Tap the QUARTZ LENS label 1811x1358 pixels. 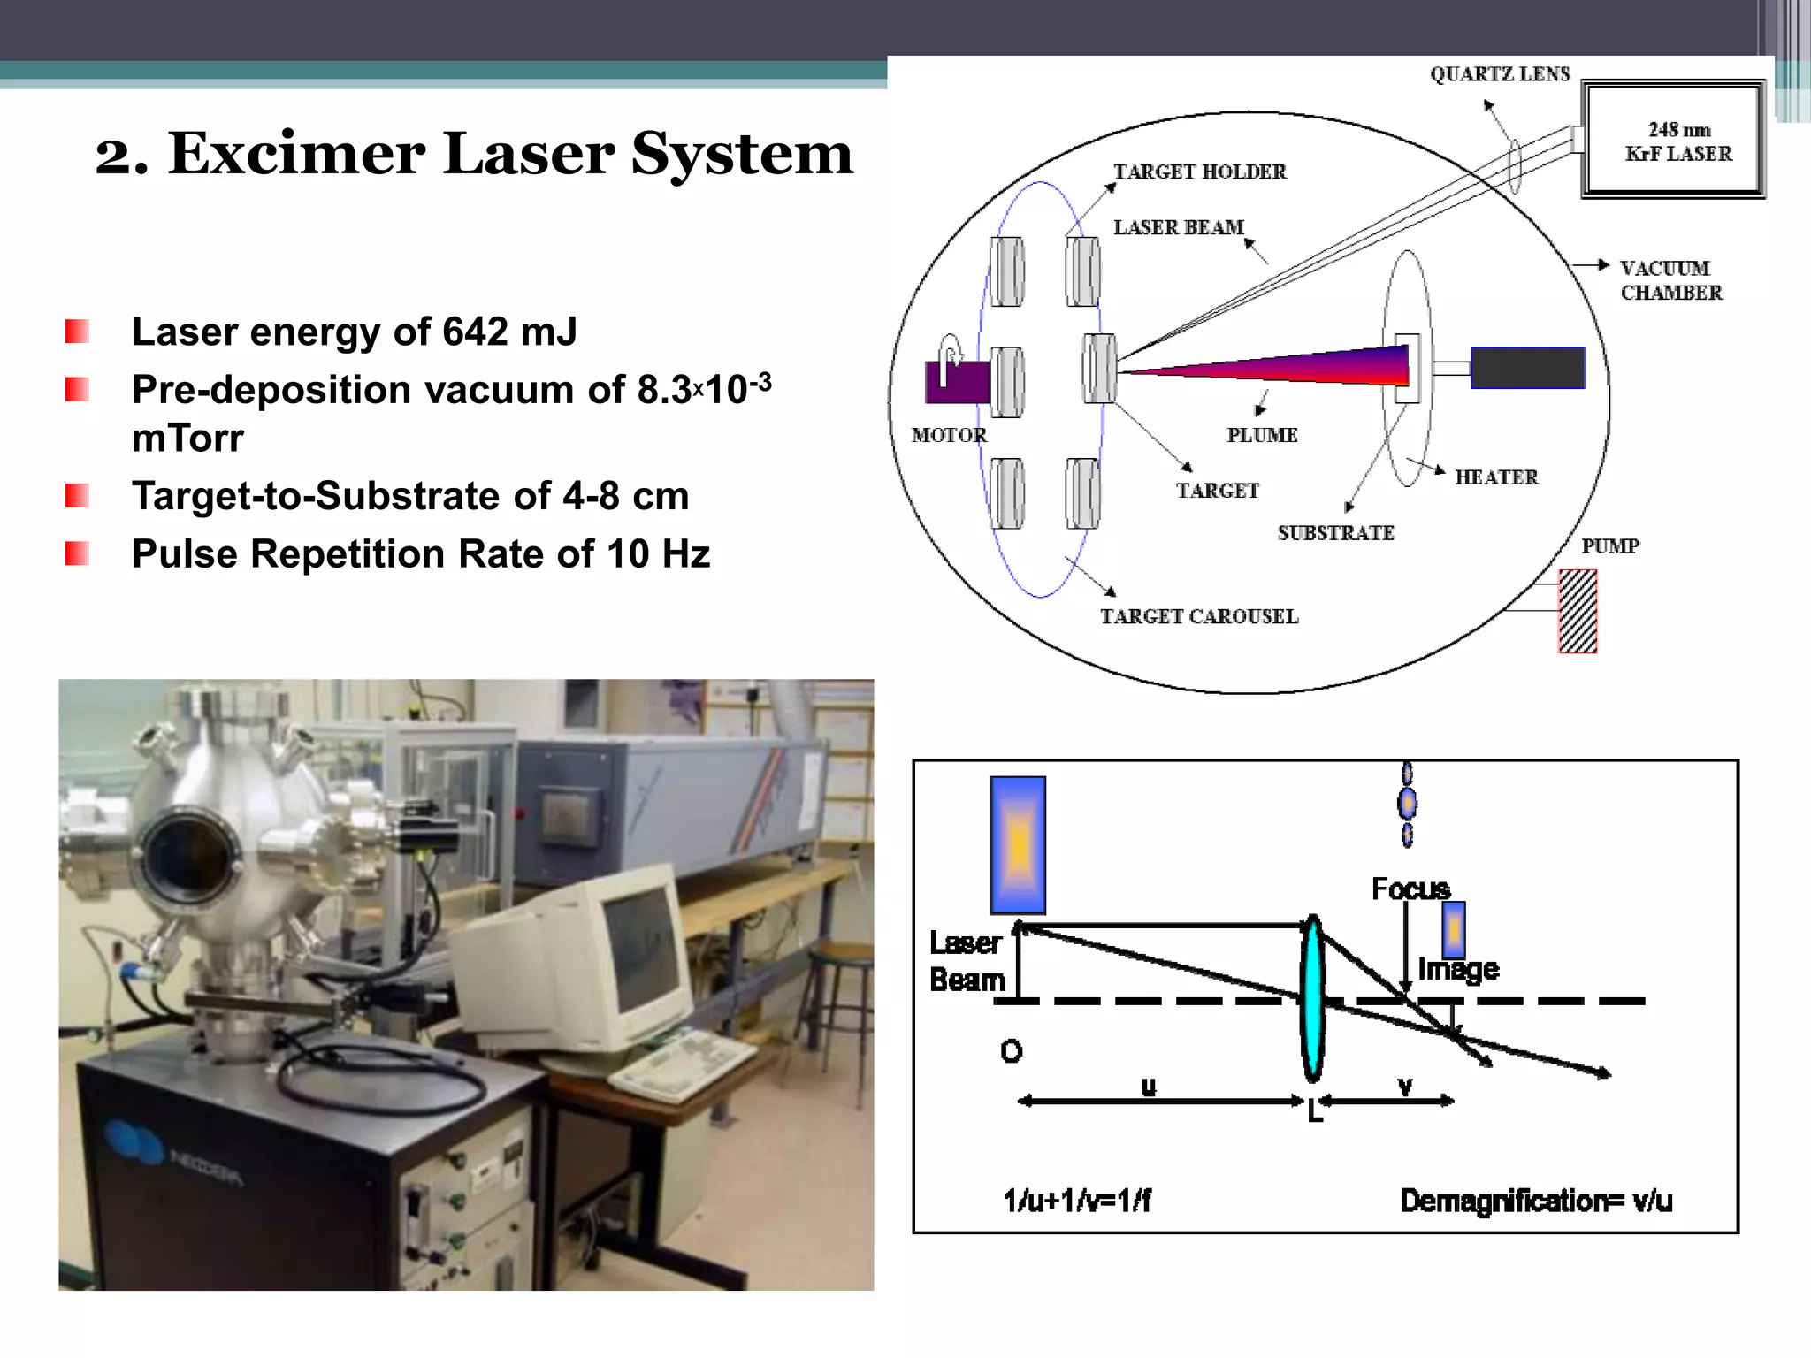[x=1500, y=74]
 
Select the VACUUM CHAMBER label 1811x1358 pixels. [x=1670, y=280]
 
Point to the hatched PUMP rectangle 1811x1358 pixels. [x=1577, y=611]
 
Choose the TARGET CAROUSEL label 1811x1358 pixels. [x=1199, y=616]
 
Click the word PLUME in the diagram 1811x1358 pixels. [x=1262, y=435]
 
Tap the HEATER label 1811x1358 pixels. [x=1496, y=477]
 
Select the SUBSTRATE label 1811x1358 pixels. [x=1335, y=533]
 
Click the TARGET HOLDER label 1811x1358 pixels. [x=1199, y=172]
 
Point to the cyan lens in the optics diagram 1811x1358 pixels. [x=1313, y=997]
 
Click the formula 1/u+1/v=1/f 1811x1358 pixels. [x=1077, y=1200]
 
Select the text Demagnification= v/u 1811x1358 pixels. [x=1536, y=1200]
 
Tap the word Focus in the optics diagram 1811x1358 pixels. [x=1410, y=889]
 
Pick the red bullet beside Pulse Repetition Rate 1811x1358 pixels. [x=77, y=553]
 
